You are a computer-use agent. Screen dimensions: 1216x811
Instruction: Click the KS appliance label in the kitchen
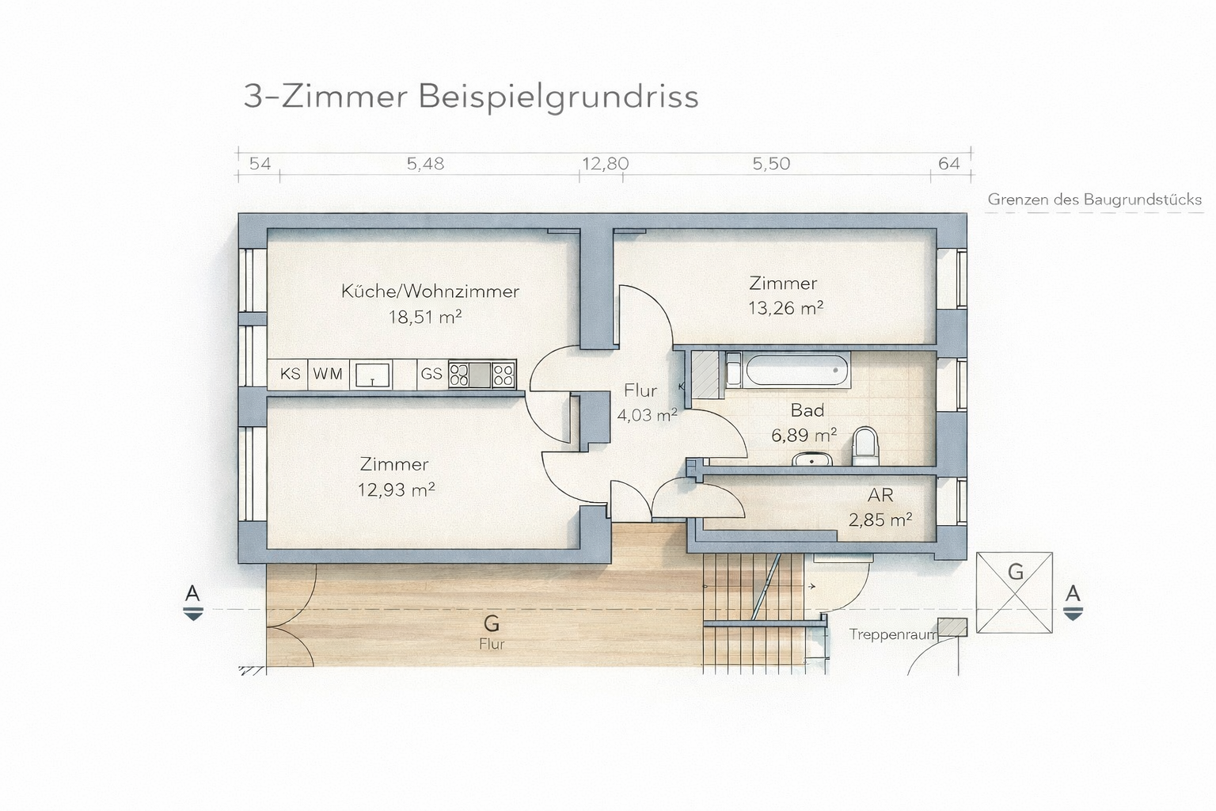click(x=291, y=375)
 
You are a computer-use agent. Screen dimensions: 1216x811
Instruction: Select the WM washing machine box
click(x=329, y=375)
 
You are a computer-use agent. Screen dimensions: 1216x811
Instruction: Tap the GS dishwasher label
click(x=431, y=375)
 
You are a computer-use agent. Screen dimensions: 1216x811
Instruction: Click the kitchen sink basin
click(x=372, y=375)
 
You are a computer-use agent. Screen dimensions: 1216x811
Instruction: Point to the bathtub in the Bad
click(x=796, y=370)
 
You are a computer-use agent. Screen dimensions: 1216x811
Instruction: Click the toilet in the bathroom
click(x=865, y=447)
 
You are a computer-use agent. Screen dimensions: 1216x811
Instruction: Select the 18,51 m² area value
click(x=425, y=317)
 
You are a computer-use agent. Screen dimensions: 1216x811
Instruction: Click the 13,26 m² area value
click(x=786, y=308)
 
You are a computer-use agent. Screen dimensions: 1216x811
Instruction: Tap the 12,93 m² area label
click(x=397, y=490)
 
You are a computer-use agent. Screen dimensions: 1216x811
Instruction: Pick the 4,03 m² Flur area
click(x=647, y=416)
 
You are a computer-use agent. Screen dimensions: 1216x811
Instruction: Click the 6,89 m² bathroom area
click(x=804, y=435)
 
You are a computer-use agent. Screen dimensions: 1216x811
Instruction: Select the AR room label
click(x=880, y=496)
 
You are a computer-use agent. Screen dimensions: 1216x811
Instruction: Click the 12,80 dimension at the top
click(x=606, y=163)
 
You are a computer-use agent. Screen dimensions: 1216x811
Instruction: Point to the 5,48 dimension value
click(x=426, y=163)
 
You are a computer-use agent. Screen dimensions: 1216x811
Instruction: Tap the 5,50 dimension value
click(x=771, y=163)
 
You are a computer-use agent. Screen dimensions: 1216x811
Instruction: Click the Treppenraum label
click(x=893, y=634)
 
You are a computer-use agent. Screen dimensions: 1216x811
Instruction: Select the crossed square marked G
click(x=1014, y=592)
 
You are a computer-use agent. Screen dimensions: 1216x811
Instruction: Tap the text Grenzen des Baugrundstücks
click(x=1094, y=200)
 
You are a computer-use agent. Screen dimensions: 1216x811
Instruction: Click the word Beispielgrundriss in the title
click(x=559, y=97)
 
